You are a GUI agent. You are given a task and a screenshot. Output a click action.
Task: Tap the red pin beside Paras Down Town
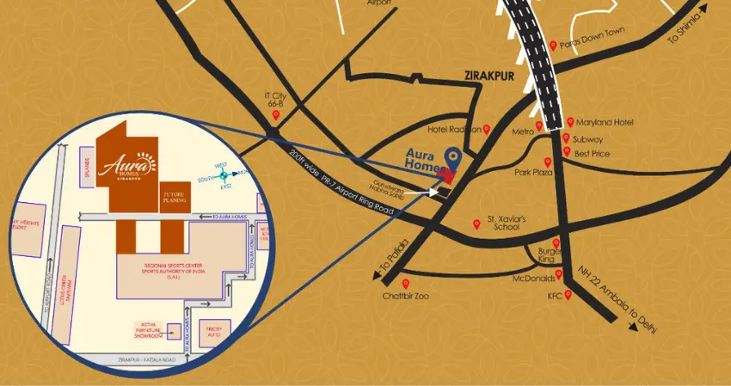coord(552,46)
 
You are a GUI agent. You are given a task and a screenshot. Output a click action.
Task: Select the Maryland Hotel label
coord(604,123)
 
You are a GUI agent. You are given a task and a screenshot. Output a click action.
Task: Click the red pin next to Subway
coord(566,138)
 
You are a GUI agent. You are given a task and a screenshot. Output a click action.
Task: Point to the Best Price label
coord(593,153)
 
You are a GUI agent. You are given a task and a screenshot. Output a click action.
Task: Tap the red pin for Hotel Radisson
coord(487,129)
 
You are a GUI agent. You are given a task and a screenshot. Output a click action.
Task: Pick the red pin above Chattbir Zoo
coord(405,285)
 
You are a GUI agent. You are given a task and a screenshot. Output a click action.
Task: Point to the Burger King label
coord(550,254)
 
